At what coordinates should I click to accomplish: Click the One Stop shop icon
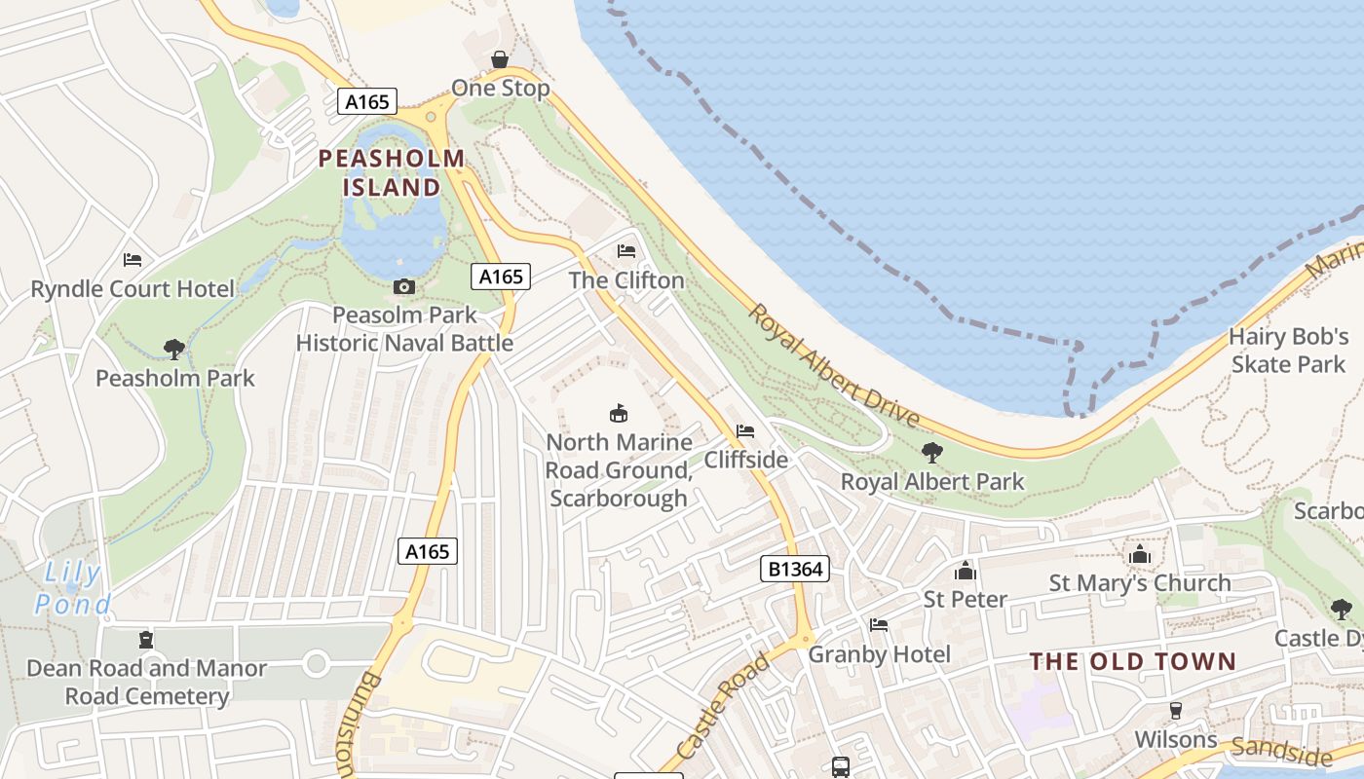500,59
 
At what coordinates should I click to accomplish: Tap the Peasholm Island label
392,172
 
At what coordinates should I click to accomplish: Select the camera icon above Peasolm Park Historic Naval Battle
403,286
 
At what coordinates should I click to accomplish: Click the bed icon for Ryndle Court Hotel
133,260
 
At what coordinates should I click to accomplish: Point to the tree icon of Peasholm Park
174,349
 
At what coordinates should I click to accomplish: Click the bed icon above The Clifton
626,251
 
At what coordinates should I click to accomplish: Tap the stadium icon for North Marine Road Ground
618,413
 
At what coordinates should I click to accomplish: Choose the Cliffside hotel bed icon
745,430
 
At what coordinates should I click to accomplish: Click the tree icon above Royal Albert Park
932,452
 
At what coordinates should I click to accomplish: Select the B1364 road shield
795,569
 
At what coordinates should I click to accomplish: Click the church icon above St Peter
966,570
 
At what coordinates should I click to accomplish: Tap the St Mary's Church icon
1140,554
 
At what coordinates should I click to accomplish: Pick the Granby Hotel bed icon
879,625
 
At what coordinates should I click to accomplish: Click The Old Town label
1133,662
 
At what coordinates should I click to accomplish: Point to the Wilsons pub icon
1176,710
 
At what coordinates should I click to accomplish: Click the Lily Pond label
73,589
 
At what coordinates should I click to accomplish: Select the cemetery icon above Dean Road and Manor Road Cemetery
146,640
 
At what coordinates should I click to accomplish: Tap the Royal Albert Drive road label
834,366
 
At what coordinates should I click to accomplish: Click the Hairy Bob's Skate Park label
1288,351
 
